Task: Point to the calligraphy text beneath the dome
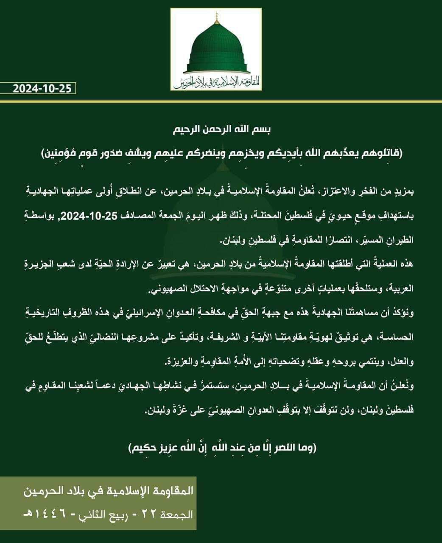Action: click(216, 81)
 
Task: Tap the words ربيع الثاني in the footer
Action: click(108, 515)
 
